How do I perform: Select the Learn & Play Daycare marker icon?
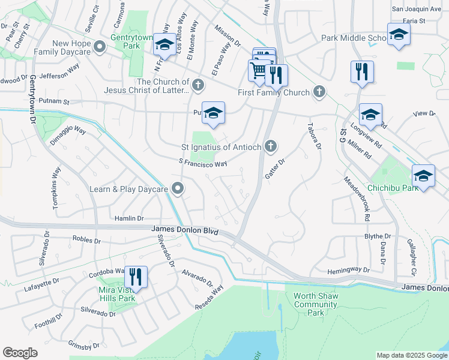pos(178,189)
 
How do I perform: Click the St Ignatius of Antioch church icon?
pos(271,146)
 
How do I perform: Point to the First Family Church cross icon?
pos(319,92)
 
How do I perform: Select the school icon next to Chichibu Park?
pos(424,176)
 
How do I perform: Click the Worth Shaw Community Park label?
pos(316,304)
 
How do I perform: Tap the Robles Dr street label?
pos(86,239)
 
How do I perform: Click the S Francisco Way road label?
pos(203,163)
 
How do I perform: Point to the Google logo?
pos(20,353)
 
